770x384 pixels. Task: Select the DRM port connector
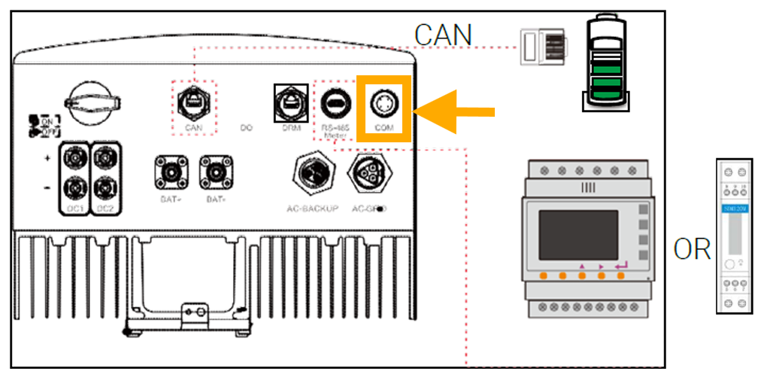(x=290, y=100)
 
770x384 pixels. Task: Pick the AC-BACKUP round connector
(x=314, y=173)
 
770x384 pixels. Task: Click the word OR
(x=692, y=250)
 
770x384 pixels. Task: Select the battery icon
(x=606, y=64)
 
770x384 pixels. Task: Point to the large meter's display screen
(x=579, y=234)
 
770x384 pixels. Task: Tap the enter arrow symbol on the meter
(x=620, y=264)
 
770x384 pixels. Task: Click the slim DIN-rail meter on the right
(x=733, y=235)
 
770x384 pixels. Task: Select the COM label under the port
(x=383, y=129)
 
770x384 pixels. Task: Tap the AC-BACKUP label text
(x=314, y=208)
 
